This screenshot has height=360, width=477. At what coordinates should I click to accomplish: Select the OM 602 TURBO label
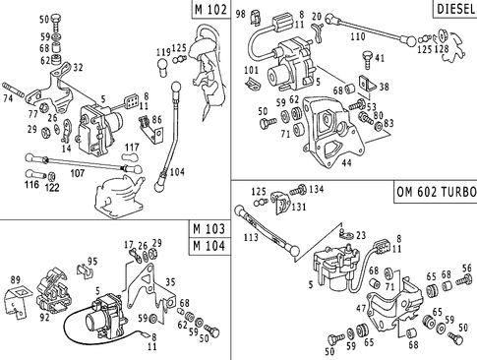[434, 191]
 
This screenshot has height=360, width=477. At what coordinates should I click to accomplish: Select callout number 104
[177, 170]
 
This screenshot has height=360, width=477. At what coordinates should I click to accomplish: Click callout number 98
[242, 13]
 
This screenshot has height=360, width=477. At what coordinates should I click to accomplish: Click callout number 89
[15, 281]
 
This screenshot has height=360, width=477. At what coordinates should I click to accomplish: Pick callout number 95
[93, 262]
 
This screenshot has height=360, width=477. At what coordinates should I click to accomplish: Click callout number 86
[154, 120]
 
